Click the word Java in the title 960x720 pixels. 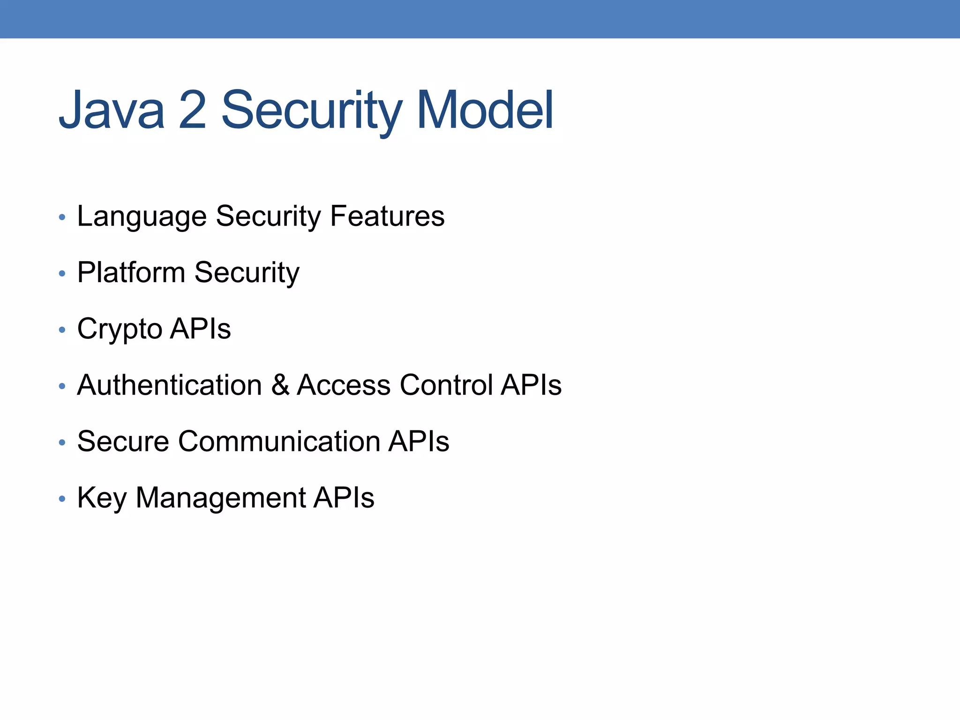click(x=112, y=111)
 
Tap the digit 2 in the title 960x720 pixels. click(x=193, y=111)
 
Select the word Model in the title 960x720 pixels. click(x=485, y=111)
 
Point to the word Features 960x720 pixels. click(x=387, y=217)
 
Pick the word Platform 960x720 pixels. click(x=131, y=273)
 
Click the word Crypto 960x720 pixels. click(x=120, y=329)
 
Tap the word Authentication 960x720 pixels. click(x=169, y=385)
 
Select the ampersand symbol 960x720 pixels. click(x=280, y=385)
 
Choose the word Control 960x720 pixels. click(x=446, y=385)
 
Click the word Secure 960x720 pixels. click(x=123, y=442)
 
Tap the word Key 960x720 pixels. click(x=102, y=498)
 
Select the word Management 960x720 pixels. click(x=220, y=498)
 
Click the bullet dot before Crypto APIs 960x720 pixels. click(x=62, y=330)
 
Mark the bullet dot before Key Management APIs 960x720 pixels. click(x=62, y=499)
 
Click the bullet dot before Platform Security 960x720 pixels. click(x=62, y=274)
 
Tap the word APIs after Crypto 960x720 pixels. click(x=201, y=329)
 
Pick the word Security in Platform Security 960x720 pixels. click(x=247, y=273)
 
